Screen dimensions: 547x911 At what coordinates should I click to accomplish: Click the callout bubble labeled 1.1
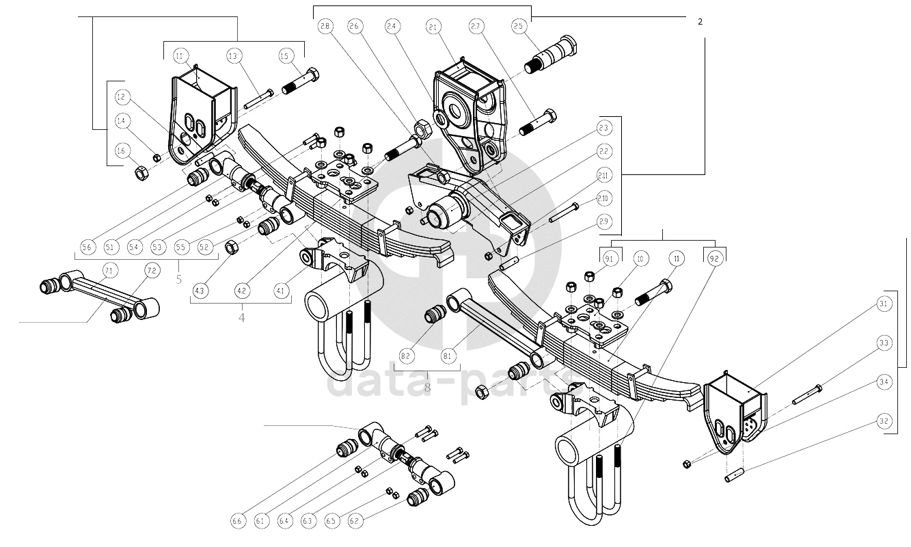(x=181, y=55)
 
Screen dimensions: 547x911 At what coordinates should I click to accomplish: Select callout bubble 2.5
(x=518, y=27)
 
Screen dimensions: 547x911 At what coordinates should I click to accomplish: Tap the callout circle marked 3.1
(x=884, y=304)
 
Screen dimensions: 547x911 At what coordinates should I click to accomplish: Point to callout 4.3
(x=200, y=291)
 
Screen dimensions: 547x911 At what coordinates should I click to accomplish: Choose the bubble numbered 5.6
(x=87, y=247)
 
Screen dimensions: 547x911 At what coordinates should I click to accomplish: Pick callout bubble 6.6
(x=236, y=522)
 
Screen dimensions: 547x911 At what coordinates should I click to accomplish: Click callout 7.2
(x=151, y=271)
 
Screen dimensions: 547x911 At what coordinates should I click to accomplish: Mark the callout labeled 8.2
(x=405, y=356)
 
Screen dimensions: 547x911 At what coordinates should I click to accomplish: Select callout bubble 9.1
(x=610, y=259)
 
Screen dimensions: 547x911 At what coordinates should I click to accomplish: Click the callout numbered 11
(x=677, y=259)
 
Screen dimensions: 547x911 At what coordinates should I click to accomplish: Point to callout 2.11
(x=603, y=174)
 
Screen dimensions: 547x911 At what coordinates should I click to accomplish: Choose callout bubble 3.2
(x=884, y=421)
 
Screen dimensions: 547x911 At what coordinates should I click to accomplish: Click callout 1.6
(x=121, y=151)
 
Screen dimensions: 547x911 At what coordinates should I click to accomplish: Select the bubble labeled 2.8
(x=325, y=27)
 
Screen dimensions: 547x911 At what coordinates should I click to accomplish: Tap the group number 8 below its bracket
(x=428, y=387)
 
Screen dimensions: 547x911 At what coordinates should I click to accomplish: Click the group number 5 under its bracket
(x=179, y=279)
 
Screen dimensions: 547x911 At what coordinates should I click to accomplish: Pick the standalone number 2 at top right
(x=700, y=21)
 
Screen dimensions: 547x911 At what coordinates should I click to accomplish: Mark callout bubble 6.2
(x=354, y=522)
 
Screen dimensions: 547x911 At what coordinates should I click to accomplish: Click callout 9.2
(x=714, y=259)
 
